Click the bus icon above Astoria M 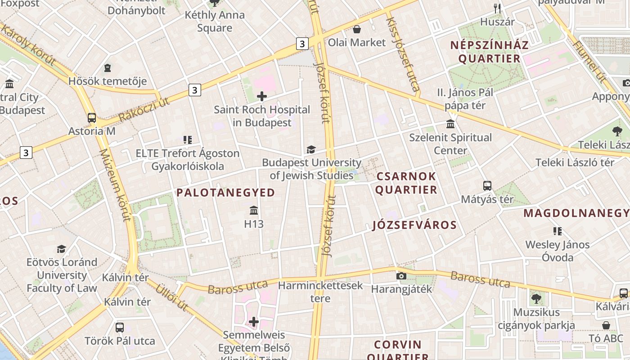coord(92,118)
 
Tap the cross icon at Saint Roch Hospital coord(262,96)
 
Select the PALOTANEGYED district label coord(225,193)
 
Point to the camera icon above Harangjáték coord(401,275)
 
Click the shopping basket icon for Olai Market coord(357,29)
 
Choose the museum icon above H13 coord(254,210)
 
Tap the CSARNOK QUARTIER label coord(406,183)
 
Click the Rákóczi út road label coord(144,109)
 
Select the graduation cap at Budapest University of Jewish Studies coord(311,149)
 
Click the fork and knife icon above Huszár coord(497,8)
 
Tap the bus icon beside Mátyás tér coord(487,185)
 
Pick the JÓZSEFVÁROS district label coord(414,225)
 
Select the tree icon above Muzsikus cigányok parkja coord(536,298)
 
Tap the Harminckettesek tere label coord(320,292)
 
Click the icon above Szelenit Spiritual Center coord(450,124)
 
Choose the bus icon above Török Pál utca coord(120,327)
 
